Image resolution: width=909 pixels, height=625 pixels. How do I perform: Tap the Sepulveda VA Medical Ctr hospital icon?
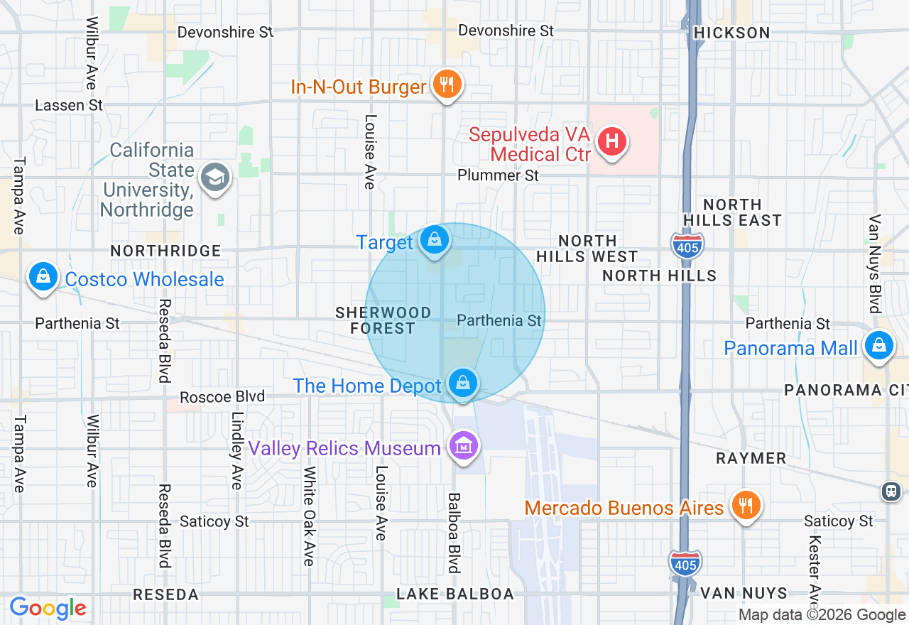(611, 141)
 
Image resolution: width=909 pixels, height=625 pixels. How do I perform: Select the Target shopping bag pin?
(434, 240)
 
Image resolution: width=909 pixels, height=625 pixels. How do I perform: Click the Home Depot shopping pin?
(463, 384)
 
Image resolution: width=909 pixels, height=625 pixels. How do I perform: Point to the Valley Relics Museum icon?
(463, 447)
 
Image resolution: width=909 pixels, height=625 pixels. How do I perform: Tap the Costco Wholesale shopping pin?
(43, 276)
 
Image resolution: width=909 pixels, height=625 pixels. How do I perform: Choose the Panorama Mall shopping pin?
(878, 347)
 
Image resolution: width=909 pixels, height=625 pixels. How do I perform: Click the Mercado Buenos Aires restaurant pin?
(745, 506)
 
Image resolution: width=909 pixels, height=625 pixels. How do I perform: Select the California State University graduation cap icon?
(214, 178)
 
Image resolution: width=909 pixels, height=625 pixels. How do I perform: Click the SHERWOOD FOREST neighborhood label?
(383, 320)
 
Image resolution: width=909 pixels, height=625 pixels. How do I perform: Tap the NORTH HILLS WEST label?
(587, 249)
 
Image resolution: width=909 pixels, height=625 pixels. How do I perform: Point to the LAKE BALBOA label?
(454, 594)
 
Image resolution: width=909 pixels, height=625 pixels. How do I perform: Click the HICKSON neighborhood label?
(731, 33)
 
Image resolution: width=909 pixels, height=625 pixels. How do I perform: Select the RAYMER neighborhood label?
(751, 458)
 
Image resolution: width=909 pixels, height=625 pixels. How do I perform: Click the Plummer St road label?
(498, 175)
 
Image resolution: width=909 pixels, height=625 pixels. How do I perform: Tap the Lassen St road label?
(69, 105)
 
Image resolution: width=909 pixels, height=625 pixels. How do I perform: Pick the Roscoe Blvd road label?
(222, 397)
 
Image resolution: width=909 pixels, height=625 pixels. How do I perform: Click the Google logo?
(48, 608)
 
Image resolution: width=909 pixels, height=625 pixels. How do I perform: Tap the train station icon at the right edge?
(891, 491)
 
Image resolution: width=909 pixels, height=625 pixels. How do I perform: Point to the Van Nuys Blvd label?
(874, 263)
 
